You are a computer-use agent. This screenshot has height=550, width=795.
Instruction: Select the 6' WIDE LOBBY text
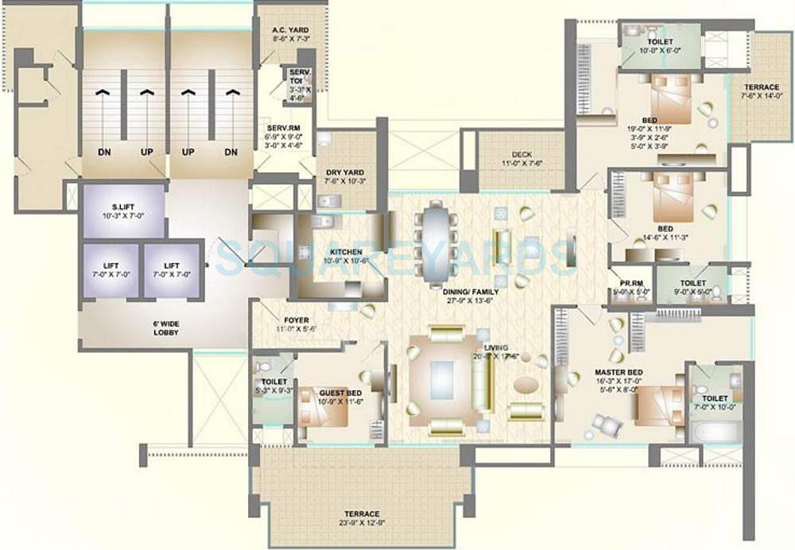[166, 327]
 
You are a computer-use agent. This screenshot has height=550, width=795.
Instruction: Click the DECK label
[522, 154]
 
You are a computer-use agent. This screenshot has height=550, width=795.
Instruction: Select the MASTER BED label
[619, 372]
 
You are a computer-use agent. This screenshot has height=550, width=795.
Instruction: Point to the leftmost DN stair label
[103, 151]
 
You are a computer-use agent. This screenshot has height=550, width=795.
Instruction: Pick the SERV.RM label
[282, 127]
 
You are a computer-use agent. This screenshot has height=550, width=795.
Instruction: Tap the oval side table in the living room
[525, 385]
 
